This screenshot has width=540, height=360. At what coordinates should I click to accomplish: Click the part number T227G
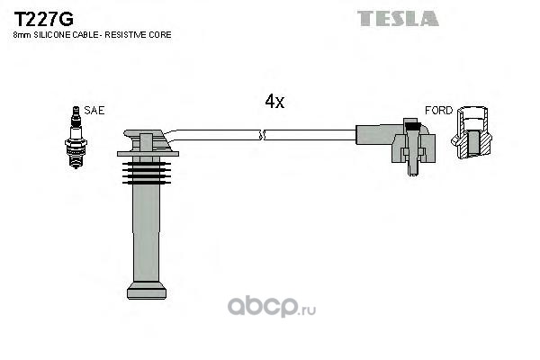pyautogui.click(x=43, y=19)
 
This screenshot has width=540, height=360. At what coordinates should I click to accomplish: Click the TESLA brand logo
pyautogui.click(x=398, y=18)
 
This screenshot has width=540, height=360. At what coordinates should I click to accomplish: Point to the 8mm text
pyautogui.click(x=22, y=35)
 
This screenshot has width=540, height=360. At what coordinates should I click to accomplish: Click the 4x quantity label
pyautogui.click(x=274, y=102)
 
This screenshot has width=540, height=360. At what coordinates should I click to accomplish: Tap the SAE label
pyautogui.click(x=94, y=110)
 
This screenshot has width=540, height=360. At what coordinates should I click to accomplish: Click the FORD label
pyautogui.click(x=438, y=110)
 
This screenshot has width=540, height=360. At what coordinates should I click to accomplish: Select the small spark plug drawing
pyautogui.click(x=76, y=137)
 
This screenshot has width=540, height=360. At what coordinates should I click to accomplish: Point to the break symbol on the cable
pyautogui.click(x=262, y=135)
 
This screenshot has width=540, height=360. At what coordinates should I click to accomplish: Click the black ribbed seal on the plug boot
pyautogui.click(x=147, y=173)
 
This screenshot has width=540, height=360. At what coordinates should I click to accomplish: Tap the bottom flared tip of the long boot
pyautogui.click(x=147, y=290)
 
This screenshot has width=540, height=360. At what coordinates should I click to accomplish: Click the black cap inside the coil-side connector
pyautogui.click(x=412, y=124)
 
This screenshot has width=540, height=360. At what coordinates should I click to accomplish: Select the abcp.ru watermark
pyautogui.click(x=272, y=307)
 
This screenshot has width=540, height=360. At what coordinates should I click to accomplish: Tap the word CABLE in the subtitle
pyautogui.click(x=89, y=35)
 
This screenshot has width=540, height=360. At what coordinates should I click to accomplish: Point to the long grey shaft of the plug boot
pyautogui.click(x=147, y=233)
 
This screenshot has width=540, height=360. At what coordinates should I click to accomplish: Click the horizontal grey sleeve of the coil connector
pyautogui.click(x=379, y=135)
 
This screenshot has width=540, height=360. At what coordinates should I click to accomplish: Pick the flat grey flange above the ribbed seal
pyautogui.click(x=148, y=154)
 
